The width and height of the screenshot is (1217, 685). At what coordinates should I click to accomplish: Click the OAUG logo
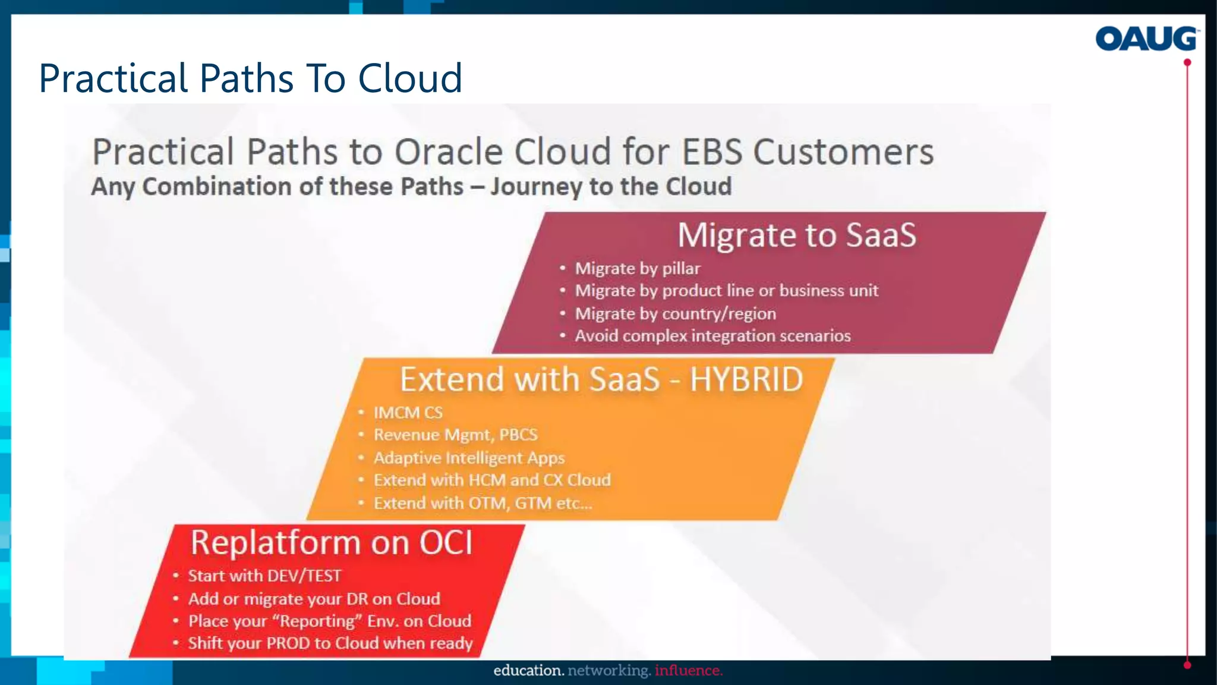pos(1146,39)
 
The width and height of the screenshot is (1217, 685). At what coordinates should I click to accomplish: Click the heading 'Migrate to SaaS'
pos(797,235)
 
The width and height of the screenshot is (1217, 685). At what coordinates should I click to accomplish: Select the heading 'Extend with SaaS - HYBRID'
pos(601,379)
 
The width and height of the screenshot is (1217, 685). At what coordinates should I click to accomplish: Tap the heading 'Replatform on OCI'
pos(332,542)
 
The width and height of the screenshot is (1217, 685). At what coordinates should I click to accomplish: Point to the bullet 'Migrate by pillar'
pos(637,268)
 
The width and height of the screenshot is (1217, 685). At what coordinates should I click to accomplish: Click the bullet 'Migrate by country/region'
pos(675,313)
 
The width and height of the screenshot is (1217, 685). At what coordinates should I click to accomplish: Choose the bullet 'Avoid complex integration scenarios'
pos(712,336)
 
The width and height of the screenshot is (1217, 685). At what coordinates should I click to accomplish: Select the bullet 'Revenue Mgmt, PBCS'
pos(455,435)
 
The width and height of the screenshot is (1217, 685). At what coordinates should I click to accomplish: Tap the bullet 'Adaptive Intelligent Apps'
pos(469,458)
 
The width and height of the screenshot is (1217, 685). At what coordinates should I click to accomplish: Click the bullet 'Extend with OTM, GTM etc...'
pos(483,503)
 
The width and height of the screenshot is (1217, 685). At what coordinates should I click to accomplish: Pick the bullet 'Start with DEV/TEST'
pos(264,576)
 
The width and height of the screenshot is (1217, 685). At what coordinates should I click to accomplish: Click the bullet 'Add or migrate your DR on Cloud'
pos(314,599)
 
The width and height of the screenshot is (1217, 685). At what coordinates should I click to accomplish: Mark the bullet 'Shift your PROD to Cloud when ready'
pos(330,643)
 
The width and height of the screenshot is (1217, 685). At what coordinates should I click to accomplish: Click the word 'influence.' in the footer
pos(689,671)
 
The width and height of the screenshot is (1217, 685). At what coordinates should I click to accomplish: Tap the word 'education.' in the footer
pos(528,671)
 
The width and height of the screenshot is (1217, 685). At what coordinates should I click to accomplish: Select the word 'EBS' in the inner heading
pos(711,152)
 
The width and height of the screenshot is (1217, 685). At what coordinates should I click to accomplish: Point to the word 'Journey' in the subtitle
pos(537,187)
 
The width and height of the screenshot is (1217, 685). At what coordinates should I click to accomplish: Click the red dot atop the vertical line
pos(1187,62)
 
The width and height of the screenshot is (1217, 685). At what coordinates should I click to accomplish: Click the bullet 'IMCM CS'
pos(408,413)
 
